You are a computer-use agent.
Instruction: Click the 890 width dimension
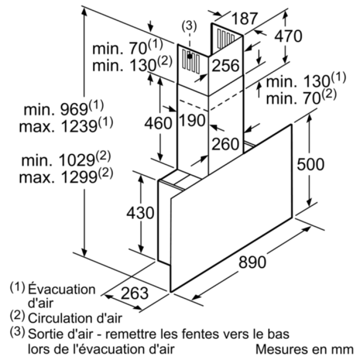coord(252,262)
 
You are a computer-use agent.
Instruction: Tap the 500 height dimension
coord(310,164)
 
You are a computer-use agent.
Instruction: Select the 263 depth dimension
coord(135,293)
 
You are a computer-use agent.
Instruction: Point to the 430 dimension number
coord(140,213)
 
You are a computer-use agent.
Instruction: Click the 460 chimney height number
coord(158,123)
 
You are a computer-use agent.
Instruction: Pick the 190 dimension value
coord(192,120)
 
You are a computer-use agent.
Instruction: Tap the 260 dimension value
coord(225,144)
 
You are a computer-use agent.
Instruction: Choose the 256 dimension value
coord(225,66)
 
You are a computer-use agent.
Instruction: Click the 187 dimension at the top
coord(244,18)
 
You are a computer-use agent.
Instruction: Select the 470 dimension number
coord(288,36)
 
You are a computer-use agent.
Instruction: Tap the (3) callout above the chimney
coord(189,26)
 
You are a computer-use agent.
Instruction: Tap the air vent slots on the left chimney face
coord(191,62)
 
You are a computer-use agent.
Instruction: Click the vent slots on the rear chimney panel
coord(226,39)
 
